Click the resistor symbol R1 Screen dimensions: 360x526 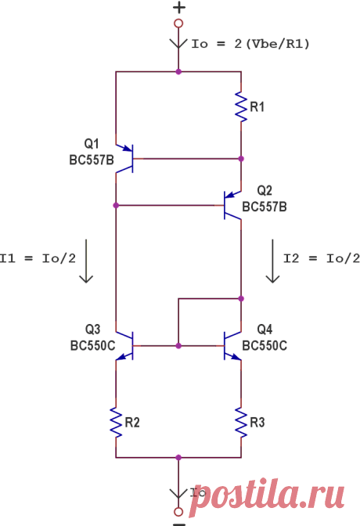click(x=241, y=106)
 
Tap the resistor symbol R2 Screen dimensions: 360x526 click(x=116, y=423)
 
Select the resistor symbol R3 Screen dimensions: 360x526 click(x=241, y=423)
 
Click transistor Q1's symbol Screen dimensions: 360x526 click(x=124, y=159)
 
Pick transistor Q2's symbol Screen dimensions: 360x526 click(x=232, y=205)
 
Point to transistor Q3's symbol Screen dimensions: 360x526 click(x=124, y=345)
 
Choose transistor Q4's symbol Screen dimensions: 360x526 click(x=232, y=345)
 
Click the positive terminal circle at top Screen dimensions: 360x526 click(x=178, y=23)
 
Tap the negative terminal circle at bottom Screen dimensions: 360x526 click(x=178, y=512)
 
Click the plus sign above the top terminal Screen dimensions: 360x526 click(x=179, y=7)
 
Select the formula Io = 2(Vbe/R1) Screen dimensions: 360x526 click(x=250, y=44)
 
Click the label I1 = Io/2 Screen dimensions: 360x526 click(x=38, y=258)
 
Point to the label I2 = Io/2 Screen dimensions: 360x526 click(x=322, y=258)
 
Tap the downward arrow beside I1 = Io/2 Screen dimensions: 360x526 click(x=86, y=261)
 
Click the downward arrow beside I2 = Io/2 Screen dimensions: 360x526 click(x=272, y=261)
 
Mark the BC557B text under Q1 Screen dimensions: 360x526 click(x=92, y=160)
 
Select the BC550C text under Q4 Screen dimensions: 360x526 click(x=265, y=345)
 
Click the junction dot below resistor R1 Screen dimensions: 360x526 click(x=241, y=159)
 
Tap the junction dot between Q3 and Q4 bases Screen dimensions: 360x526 click(x=178, y=345)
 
